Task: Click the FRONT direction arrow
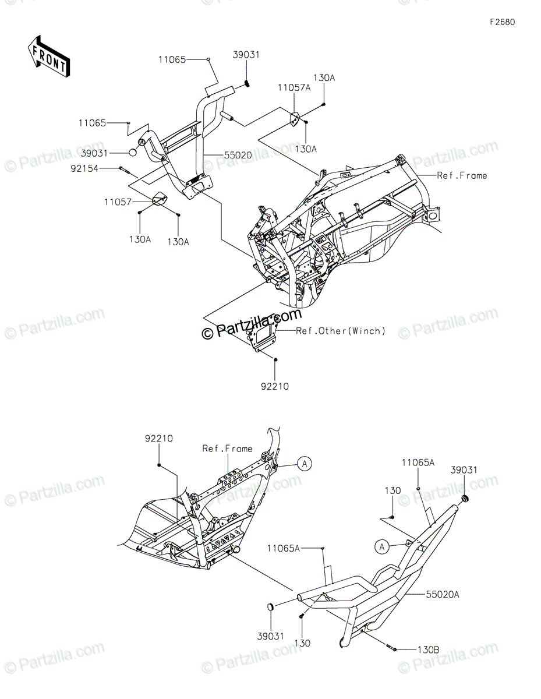pyautogui.click(x=48, y=57)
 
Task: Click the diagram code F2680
pyautogui.click(x=501, y=22)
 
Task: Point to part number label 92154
pyautogui.click(x=100, y=168)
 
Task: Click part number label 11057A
pyautogui.click(x=294, y=88)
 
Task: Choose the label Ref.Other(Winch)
pyautogui.click(x=341, y=331)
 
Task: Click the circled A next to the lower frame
pyautogui.click(x=304, y=464)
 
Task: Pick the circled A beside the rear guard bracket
pyautogui.click(x=381, y=546)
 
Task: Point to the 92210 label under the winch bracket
pyautogui.click(x=275, y=386)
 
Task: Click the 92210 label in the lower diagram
pyautogui.click(x=158, y=439)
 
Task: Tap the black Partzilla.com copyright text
pyautogui.click(x=252, y=325)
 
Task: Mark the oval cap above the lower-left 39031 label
pyautogui.click(x=270, y=608)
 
